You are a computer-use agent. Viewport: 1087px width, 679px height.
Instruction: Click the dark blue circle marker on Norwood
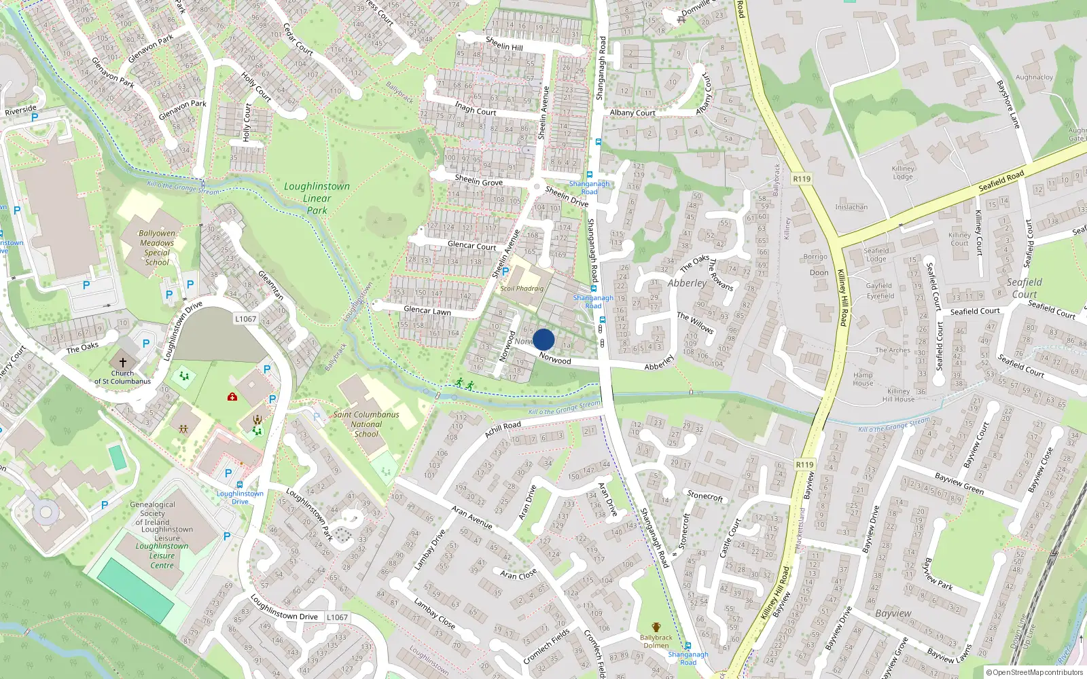tap(543, 339)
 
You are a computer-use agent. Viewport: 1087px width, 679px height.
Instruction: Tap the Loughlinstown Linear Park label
tap(317, 198)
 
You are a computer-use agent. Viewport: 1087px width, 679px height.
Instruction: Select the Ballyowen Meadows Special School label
tap(157, 248)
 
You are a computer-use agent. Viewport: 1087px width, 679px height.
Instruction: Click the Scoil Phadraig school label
tap(522, 289)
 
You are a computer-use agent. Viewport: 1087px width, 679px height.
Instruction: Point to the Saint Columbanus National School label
tap(366, 424)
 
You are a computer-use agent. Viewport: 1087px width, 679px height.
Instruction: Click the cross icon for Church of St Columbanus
tap(122, 363)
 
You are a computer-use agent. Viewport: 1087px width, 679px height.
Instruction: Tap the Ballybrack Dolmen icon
tap(656, 627)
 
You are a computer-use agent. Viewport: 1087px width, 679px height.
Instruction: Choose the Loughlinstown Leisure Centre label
tap(162, 555)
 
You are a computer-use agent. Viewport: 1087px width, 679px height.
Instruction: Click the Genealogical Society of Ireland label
tap(153, 513)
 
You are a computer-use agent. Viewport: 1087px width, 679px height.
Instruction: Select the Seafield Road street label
tap(1001, 181)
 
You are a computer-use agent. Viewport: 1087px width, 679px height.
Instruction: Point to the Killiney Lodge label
tap(903, 172)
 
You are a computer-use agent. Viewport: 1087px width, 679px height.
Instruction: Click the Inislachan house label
tap(851, 207)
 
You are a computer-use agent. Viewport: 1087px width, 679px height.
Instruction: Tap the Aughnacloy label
tap(1034, 77)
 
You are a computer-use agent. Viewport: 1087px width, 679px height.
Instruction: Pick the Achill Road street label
tap(503, 428)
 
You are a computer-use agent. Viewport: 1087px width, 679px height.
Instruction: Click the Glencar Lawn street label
tap(427, 310)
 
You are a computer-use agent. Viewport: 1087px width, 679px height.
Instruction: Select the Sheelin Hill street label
tap(504, 44)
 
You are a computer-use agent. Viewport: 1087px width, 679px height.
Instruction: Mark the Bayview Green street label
tap(959, 483)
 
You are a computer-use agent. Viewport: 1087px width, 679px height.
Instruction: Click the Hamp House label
tap(863, 379)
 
